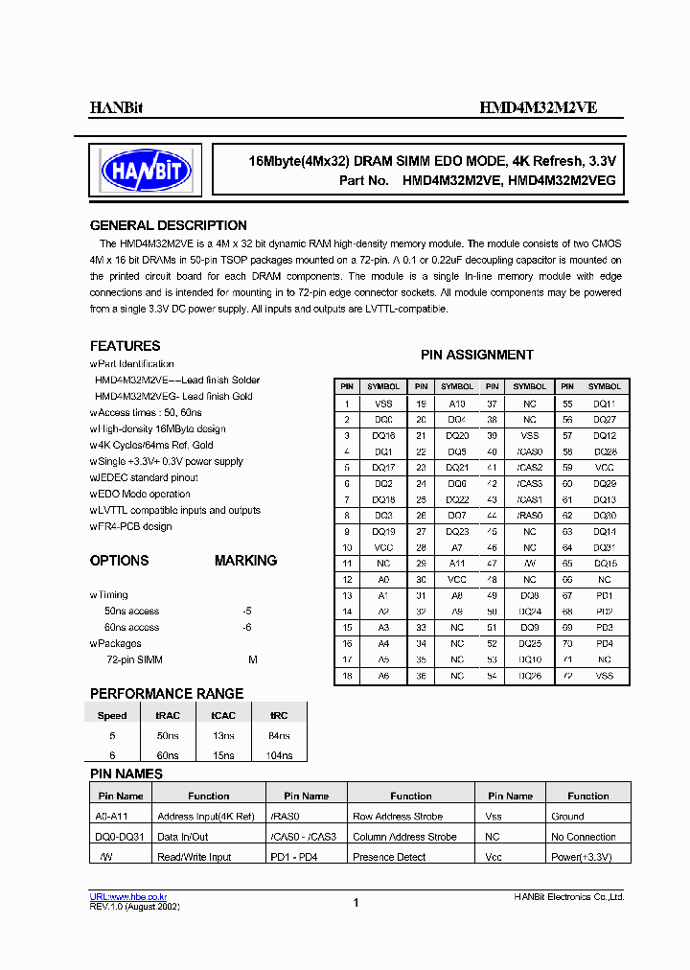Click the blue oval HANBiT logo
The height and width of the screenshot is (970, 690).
tap(146, 172)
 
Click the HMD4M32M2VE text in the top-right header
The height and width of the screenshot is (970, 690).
tap(538, 108)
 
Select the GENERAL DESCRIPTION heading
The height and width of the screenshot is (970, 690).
tap(168, 225)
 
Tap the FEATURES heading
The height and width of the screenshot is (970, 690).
tap(126, 346)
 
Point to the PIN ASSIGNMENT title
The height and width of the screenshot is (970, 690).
tap(477, 355)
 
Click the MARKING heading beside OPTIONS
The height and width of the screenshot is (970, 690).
tap(245, 560)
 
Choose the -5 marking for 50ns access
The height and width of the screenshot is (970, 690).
tap(247, 611)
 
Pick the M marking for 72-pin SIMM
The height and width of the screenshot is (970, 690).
tap(253, 659)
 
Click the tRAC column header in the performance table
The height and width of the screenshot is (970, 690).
tap(168, 715)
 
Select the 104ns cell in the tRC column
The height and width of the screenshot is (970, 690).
tap(279, 756)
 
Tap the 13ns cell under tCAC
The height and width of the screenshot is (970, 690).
tap(223, 735)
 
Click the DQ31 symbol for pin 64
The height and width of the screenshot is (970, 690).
tap(604, 547)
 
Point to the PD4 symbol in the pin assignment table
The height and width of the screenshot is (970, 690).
tap(604, 644)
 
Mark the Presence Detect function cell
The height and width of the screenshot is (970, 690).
tap(389, 857)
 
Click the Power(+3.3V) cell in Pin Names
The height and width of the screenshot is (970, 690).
tap(582, 857)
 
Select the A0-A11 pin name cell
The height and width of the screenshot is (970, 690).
tap(115, 817)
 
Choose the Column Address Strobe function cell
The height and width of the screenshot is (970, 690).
tap(404, 837)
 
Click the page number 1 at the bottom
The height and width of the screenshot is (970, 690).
tap(356, 903)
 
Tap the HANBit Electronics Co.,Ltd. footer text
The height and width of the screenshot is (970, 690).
tap(569, 897)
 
